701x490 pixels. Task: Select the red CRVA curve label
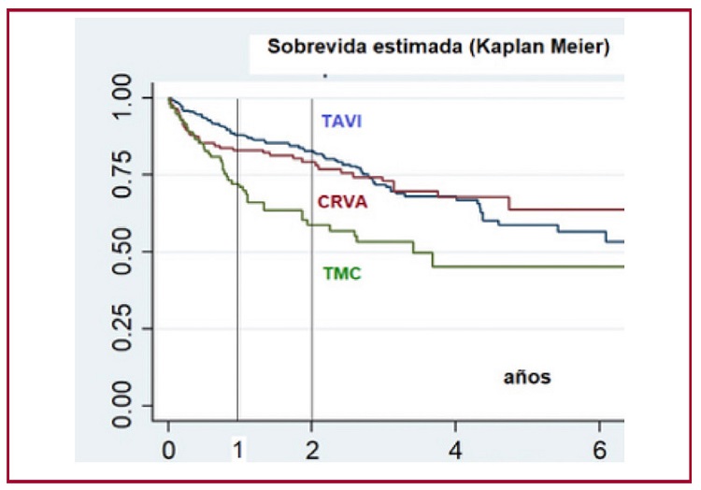coord(342,202)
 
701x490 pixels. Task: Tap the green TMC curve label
coord(342,274)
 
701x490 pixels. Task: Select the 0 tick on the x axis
coord(168,449)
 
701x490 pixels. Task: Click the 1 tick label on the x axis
coord(238,449)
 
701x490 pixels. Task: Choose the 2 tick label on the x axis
coord(311,449)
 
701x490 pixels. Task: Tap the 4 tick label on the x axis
coord(455,449)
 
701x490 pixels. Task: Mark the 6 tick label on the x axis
coord(599,449)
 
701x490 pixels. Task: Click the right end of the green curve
coord(621,267)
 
